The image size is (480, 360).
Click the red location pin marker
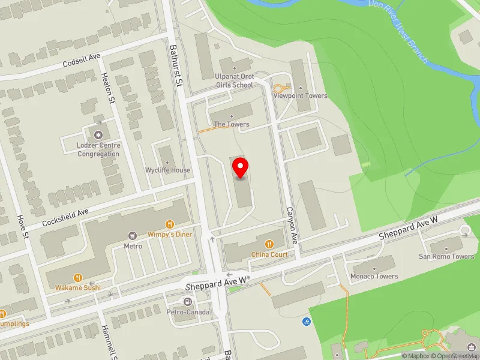tap(241, 168)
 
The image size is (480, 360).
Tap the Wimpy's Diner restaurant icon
tap(171, 224)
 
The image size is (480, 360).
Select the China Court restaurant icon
tap(269, 244)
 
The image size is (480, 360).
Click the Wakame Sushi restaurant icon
tap(78, 277)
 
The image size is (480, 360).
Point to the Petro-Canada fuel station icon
tap(188, 302)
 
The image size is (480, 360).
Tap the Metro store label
tap(133, 246)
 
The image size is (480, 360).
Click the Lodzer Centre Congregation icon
tap(98, 134)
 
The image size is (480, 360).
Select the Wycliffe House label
tap(168, 170)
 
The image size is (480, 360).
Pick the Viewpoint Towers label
tap(300, 96)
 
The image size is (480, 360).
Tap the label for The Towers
tap(232, 124)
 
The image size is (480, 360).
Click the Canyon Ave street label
tap(292, 225)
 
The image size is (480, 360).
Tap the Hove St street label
tap(25, 226)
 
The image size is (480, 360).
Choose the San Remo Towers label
tap(446, 256)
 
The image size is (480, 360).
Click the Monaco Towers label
tap(374, 276)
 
